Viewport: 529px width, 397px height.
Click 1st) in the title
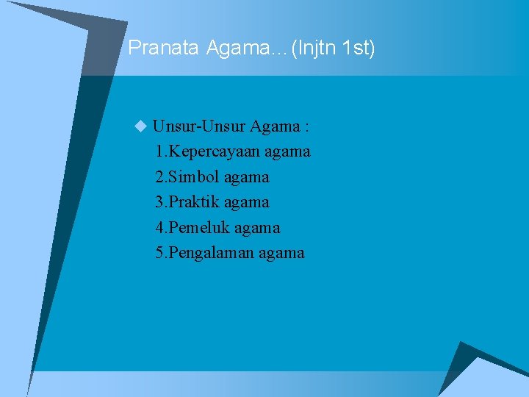pos(360,49)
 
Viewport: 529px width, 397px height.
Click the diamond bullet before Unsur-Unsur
pos(141,127)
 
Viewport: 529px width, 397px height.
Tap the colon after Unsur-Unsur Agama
pos(306,127)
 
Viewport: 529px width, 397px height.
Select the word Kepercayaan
pos(214,152)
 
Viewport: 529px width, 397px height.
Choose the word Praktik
pos(195,202)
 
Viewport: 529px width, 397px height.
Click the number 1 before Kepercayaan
pos(160,152)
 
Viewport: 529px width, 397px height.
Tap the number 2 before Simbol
pos(160,177)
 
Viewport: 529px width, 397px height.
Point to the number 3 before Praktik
pos(160,202)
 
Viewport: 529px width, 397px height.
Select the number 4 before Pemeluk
pos(160,228)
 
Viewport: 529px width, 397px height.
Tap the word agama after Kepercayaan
pos(288,152)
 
